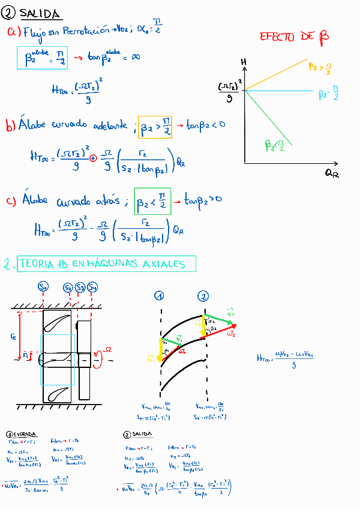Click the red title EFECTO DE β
[294, 37]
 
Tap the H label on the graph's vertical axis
[244, 62]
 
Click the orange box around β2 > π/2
[155, 127]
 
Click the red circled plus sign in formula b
[92, 158]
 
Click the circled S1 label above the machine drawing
[44, 287]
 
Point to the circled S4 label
[92, 288]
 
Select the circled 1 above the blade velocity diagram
[159, 295]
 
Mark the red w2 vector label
[231, 332]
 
